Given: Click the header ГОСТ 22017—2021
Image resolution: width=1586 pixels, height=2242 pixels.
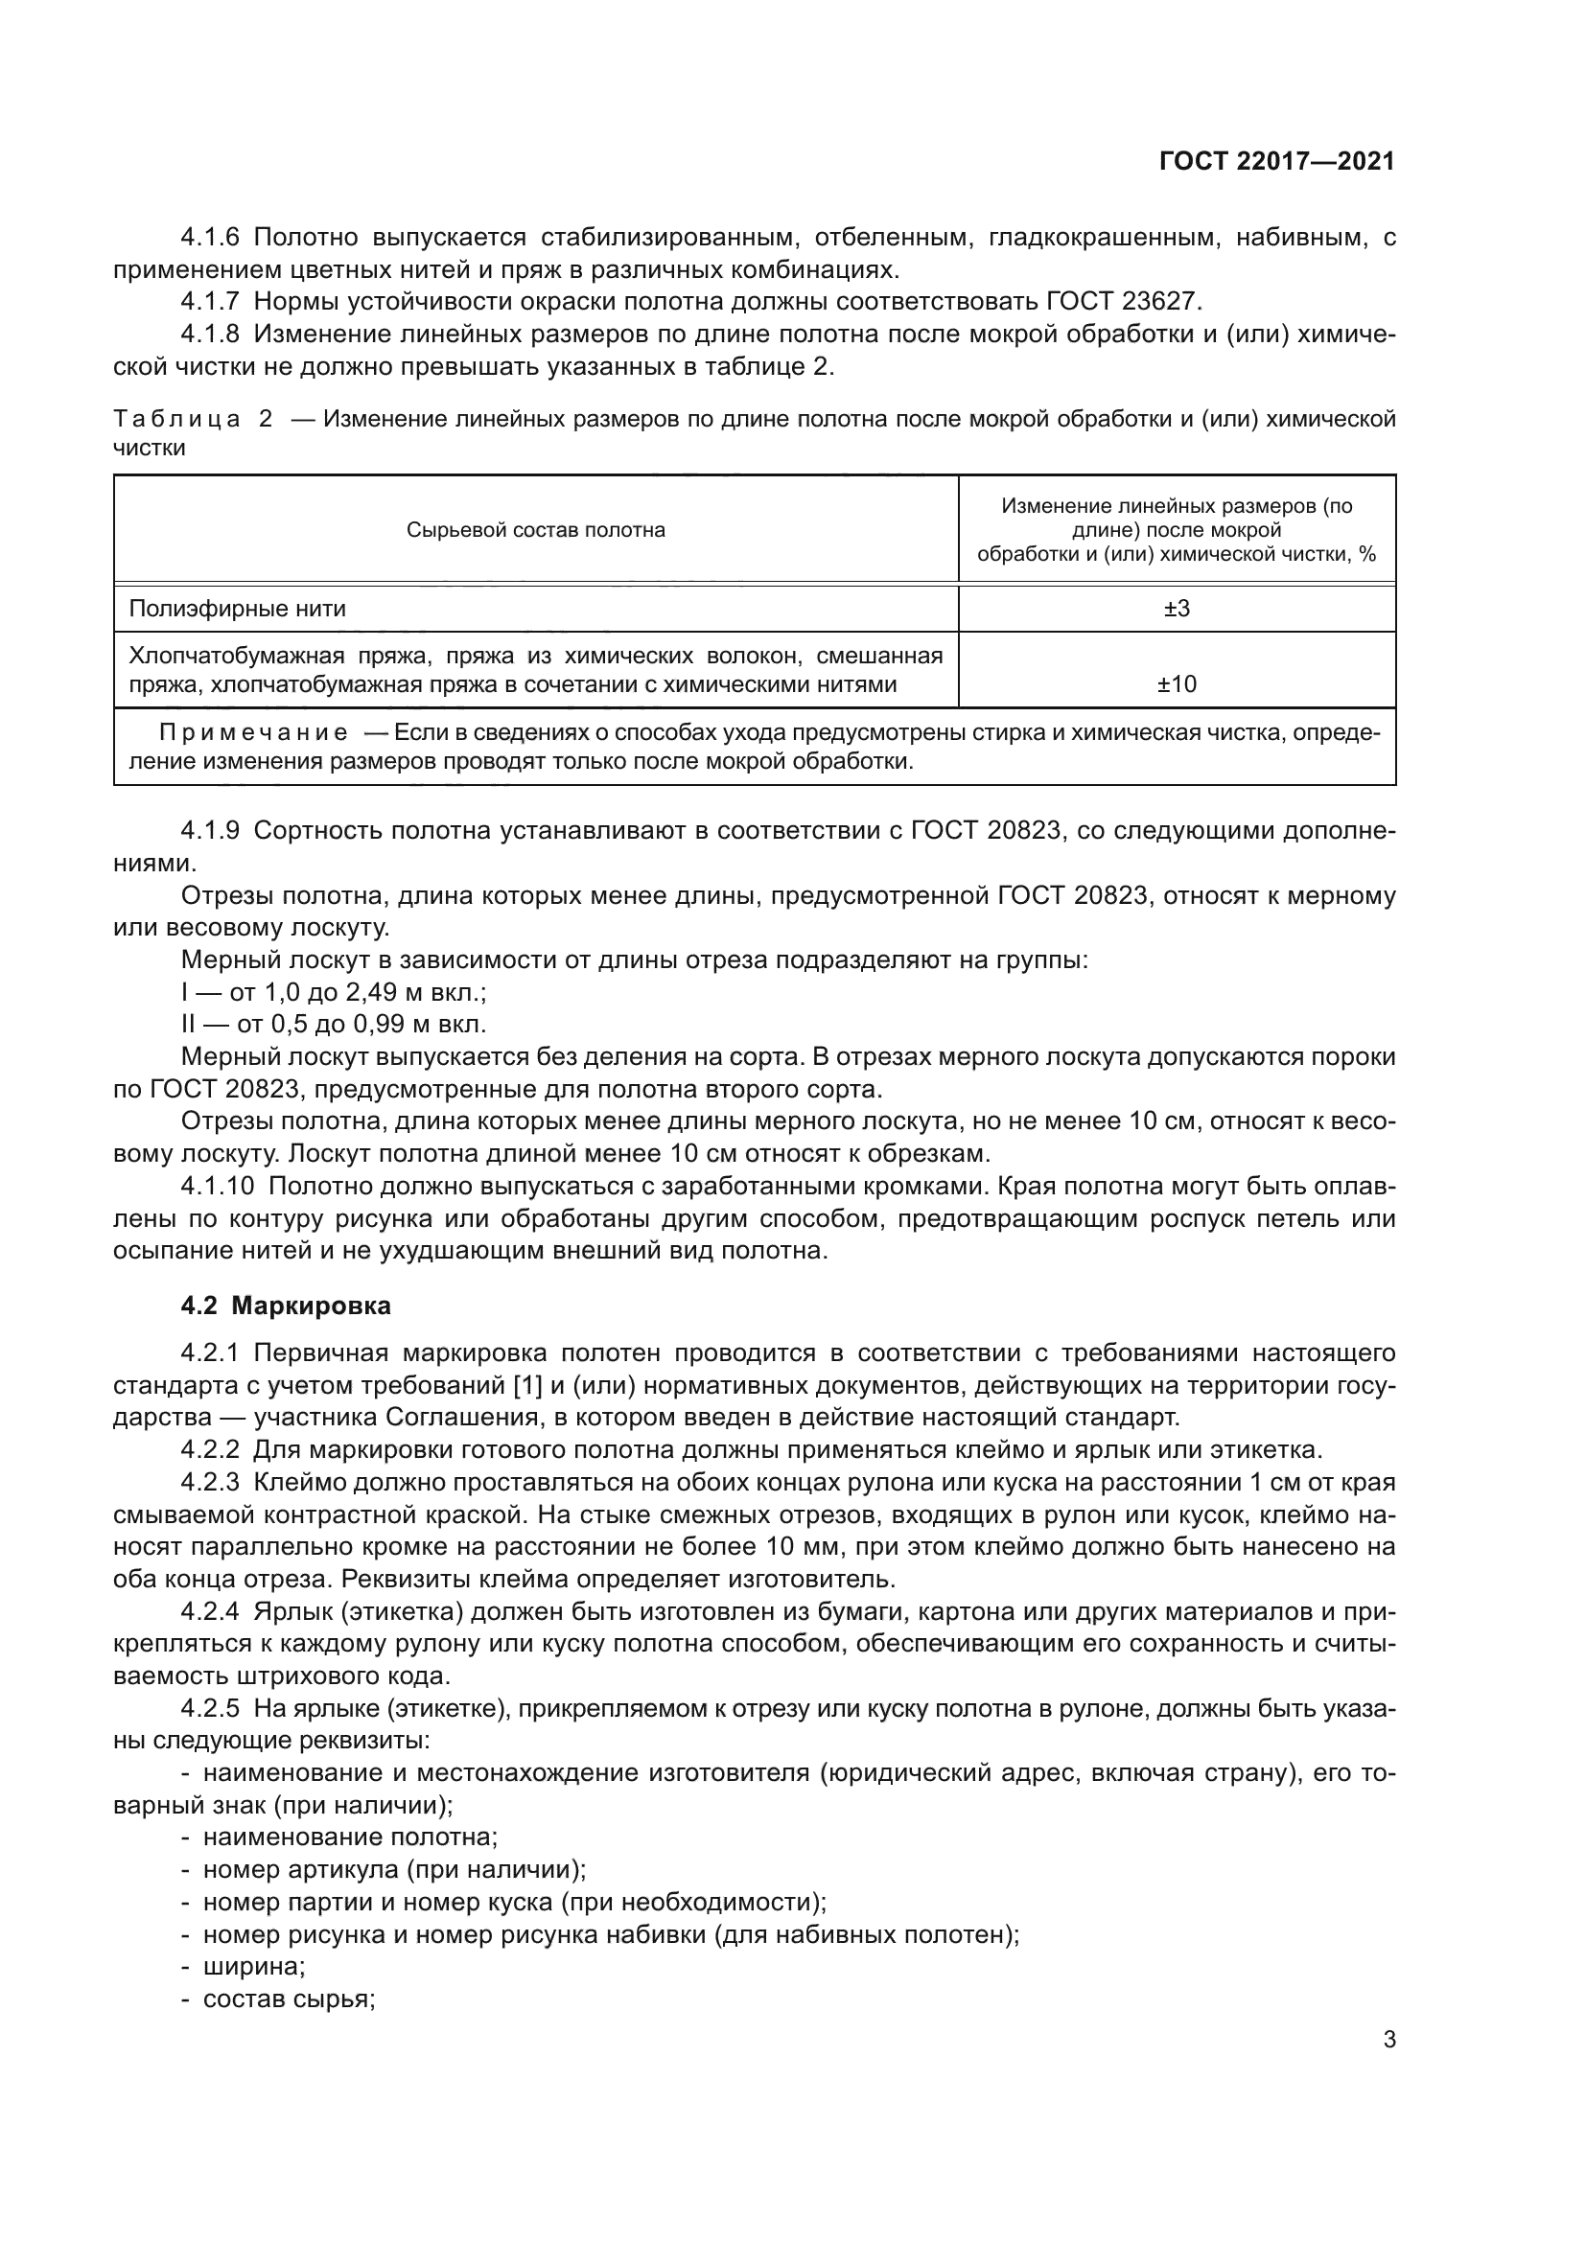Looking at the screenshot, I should click(x=1276, y=162).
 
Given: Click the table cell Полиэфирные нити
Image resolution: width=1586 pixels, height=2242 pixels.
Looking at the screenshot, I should click(x=237, y=609).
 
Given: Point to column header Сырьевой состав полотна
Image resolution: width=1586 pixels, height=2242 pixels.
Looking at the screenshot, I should click(x=535, y=530).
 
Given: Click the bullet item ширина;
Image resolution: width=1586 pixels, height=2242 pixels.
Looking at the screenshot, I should click(x=254, y=1967).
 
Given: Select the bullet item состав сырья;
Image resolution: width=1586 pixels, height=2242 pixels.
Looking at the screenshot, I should click(x=289, y=1999).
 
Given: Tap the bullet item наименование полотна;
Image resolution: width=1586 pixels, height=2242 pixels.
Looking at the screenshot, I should click(x=350, y=1837).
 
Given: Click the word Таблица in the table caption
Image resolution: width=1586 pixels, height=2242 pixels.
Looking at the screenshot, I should click(x=176, y=420).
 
